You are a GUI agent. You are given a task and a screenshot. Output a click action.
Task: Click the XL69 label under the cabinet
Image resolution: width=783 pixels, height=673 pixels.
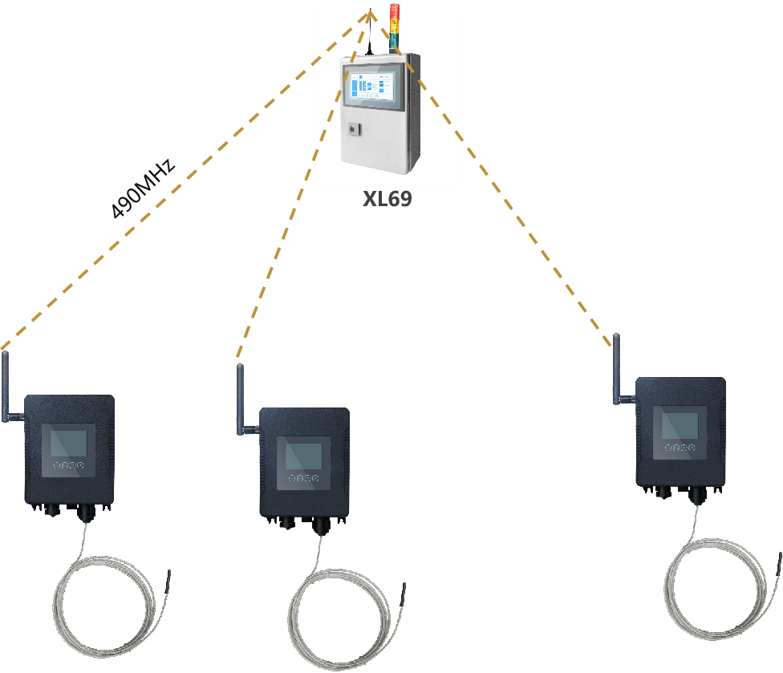pyautogui.click(x=387, y=200)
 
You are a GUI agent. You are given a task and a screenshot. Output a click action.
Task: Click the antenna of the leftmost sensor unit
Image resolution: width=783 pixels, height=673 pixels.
pyautogui.click(x=6, y=385)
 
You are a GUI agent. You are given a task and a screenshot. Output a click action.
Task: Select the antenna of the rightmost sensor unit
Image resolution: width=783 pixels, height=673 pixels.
pyautogui.click(x=617, y=369)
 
